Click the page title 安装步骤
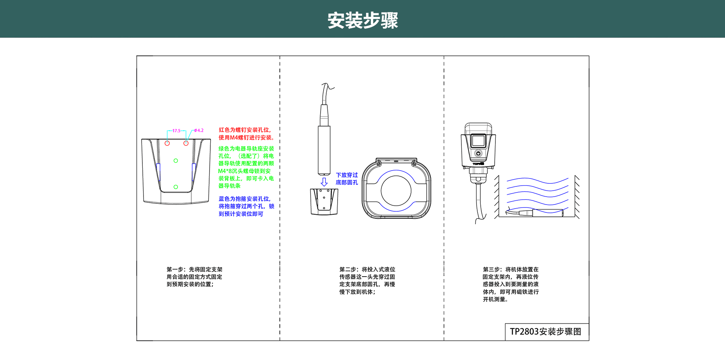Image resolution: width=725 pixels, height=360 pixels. (362, 20)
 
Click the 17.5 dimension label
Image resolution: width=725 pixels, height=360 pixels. (176, 131)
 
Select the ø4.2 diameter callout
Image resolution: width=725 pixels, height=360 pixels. (199, 131)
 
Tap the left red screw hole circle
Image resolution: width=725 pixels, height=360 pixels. (167, 143)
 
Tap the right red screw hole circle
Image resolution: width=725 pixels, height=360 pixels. (186, 143)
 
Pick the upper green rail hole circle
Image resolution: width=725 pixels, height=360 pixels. (176, 161)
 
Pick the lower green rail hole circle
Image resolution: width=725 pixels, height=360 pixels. (176, 187)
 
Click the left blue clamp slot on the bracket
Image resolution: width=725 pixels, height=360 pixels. (159, 172)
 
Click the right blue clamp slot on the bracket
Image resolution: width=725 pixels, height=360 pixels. (194, 172)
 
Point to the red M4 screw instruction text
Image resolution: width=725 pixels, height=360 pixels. (246, 134)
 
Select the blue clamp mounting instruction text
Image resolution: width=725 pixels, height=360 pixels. (246, 206)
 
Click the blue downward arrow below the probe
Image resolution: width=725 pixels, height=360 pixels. (324, 182)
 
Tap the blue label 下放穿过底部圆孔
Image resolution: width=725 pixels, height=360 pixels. (347, 178)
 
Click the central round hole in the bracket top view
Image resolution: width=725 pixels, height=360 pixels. (396, 191)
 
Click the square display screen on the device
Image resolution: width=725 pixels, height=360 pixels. (478, 141)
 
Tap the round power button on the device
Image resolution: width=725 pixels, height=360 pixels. (478, 153)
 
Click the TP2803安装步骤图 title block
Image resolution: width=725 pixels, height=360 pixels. (546, 332)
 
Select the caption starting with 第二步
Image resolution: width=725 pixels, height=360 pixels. (367, 280)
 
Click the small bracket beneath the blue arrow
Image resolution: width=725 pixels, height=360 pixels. (324, 202)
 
